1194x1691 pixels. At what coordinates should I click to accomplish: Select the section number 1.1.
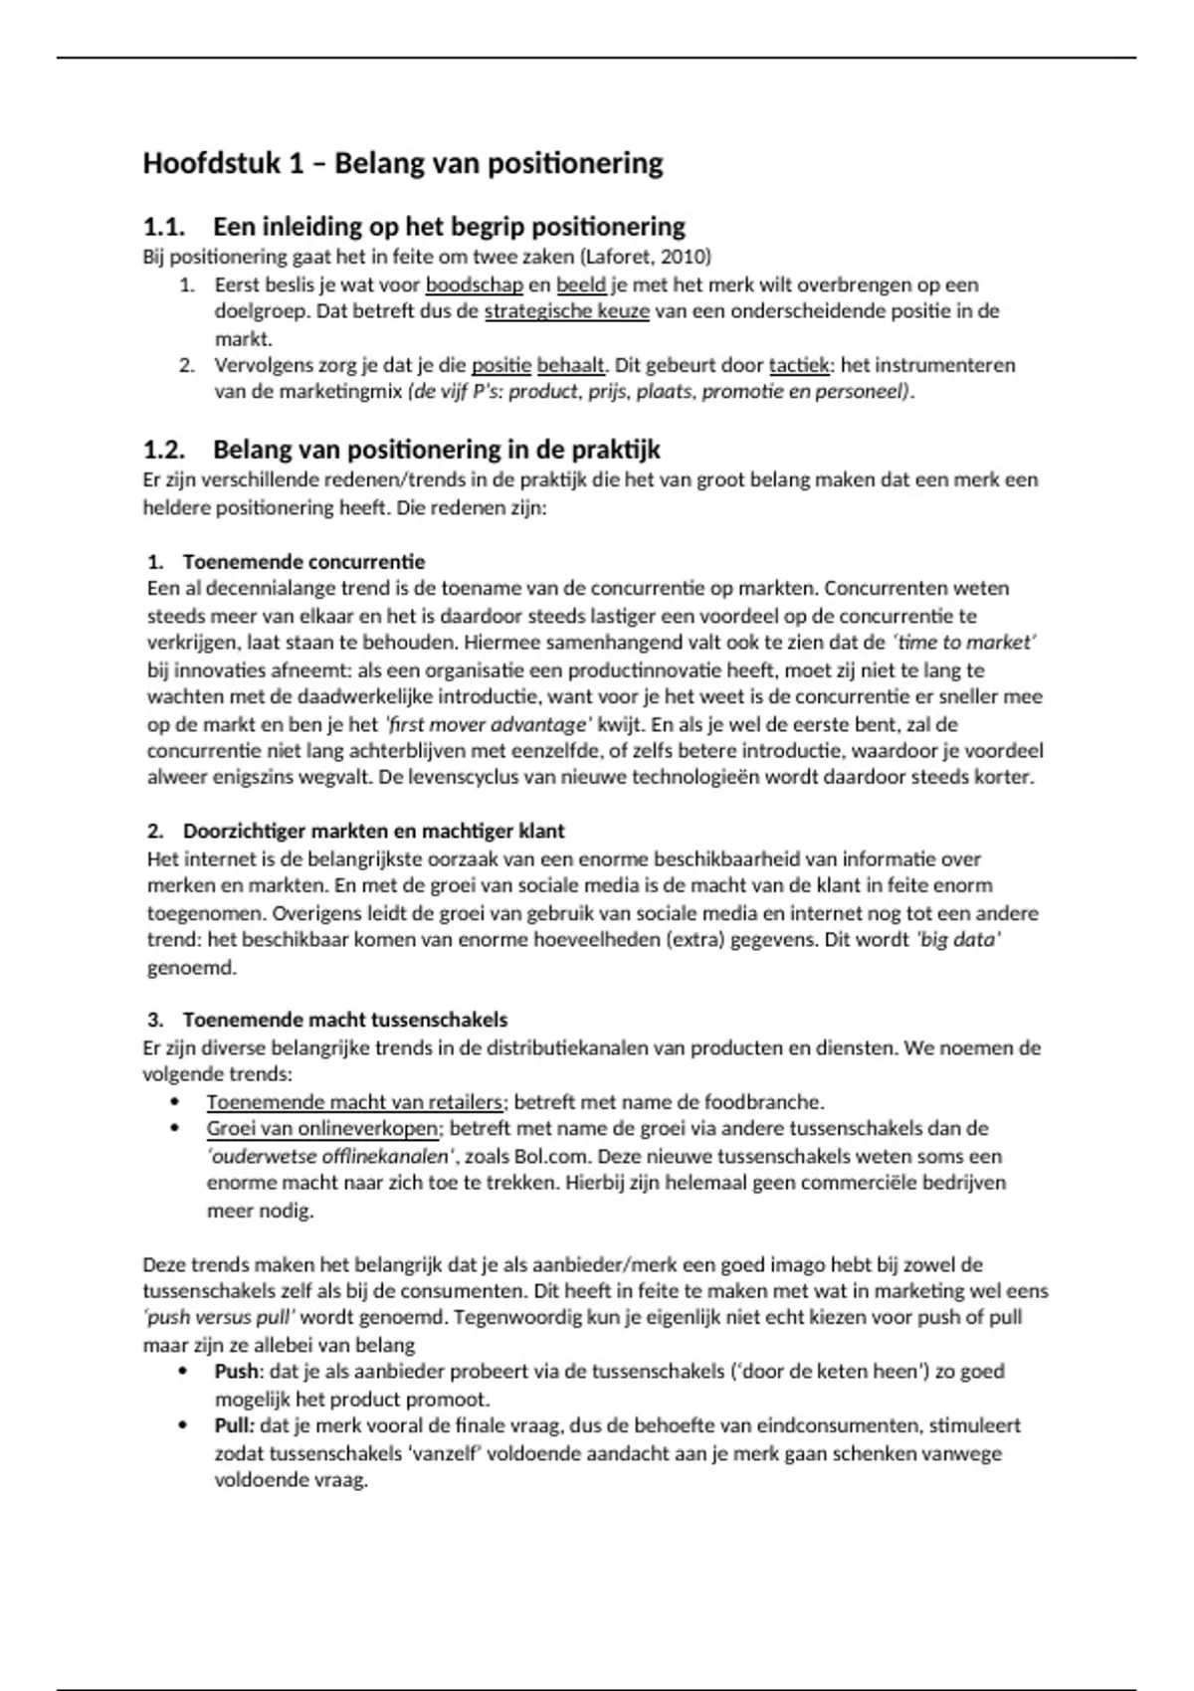pos(164,228)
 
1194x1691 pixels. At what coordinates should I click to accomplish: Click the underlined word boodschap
pos(475,285)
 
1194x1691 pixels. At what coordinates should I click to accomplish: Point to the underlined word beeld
pos(581,285)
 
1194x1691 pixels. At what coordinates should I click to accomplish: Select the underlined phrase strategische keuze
pos(567,311)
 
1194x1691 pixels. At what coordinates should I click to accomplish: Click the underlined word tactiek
pos(800,365)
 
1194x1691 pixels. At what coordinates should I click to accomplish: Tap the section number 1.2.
pos(164,451)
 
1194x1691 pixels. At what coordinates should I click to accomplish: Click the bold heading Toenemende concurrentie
pos(303,562)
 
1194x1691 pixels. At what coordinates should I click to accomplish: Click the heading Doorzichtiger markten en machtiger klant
pos(373,832)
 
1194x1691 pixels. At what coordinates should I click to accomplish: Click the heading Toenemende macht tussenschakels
pos(344,1021)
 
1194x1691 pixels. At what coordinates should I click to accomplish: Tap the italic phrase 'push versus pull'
pos(219,1318)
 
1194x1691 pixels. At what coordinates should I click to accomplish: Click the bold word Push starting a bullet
pos(236,1372)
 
